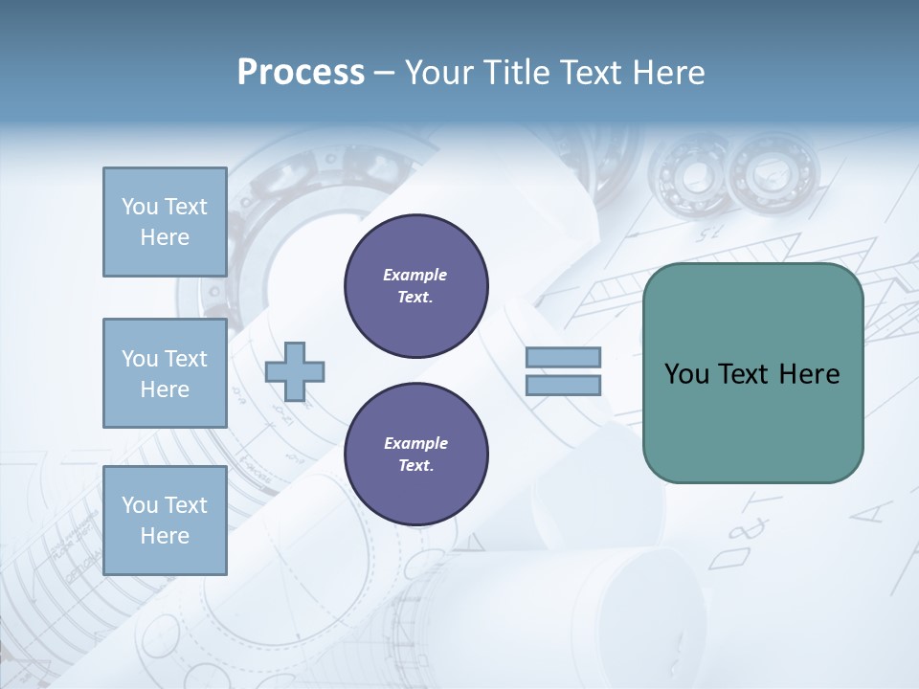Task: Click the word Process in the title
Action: [x=301, y=73]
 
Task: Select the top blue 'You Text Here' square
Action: [x=165, y=222]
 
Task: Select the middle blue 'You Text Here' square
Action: [x=165, y=373]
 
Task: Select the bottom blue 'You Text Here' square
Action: [x=165, y=520]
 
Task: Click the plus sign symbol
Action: [x=294, y=371]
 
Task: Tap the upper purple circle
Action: [x=415, y=286]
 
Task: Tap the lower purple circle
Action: [x=415, y=455]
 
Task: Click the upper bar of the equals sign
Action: [x=563, y=357]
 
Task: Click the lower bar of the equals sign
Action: [x=563, y=386]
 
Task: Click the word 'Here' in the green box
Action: [x=809, y=374]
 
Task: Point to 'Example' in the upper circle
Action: [x=415, y=275]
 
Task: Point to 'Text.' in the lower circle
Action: [x=415, y=466]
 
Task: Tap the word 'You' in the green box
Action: [x=685, y=374]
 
